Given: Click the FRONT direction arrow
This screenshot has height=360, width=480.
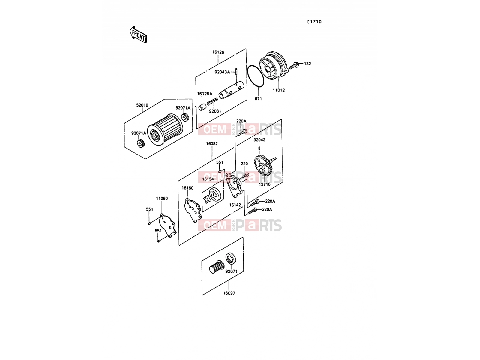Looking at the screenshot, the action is pos(138,35).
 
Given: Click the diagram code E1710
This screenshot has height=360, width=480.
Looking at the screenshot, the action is pos(314,22).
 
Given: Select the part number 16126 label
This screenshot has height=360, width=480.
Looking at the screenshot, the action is pos(218,52).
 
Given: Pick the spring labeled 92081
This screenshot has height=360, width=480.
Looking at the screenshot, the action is pos(212,101).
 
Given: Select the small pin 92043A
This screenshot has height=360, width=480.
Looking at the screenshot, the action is pos(236,72).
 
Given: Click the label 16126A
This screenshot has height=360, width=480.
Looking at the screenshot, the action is pos(205,94).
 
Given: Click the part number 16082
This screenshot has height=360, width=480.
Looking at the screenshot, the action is pos(212,144).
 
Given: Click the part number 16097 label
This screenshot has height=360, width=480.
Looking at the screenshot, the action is pos(229,293).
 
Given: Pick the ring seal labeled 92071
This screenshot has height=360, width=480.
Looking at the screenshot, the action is pos(231,258).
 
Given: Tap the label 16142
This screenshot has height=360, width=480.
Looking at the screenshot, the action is pos(235,205).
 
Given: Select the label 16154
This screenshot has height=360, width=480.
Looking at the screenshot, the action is pos(208,179).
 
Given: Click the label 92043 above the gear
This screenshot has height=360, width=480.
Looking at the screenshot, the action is pos(259,140).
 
